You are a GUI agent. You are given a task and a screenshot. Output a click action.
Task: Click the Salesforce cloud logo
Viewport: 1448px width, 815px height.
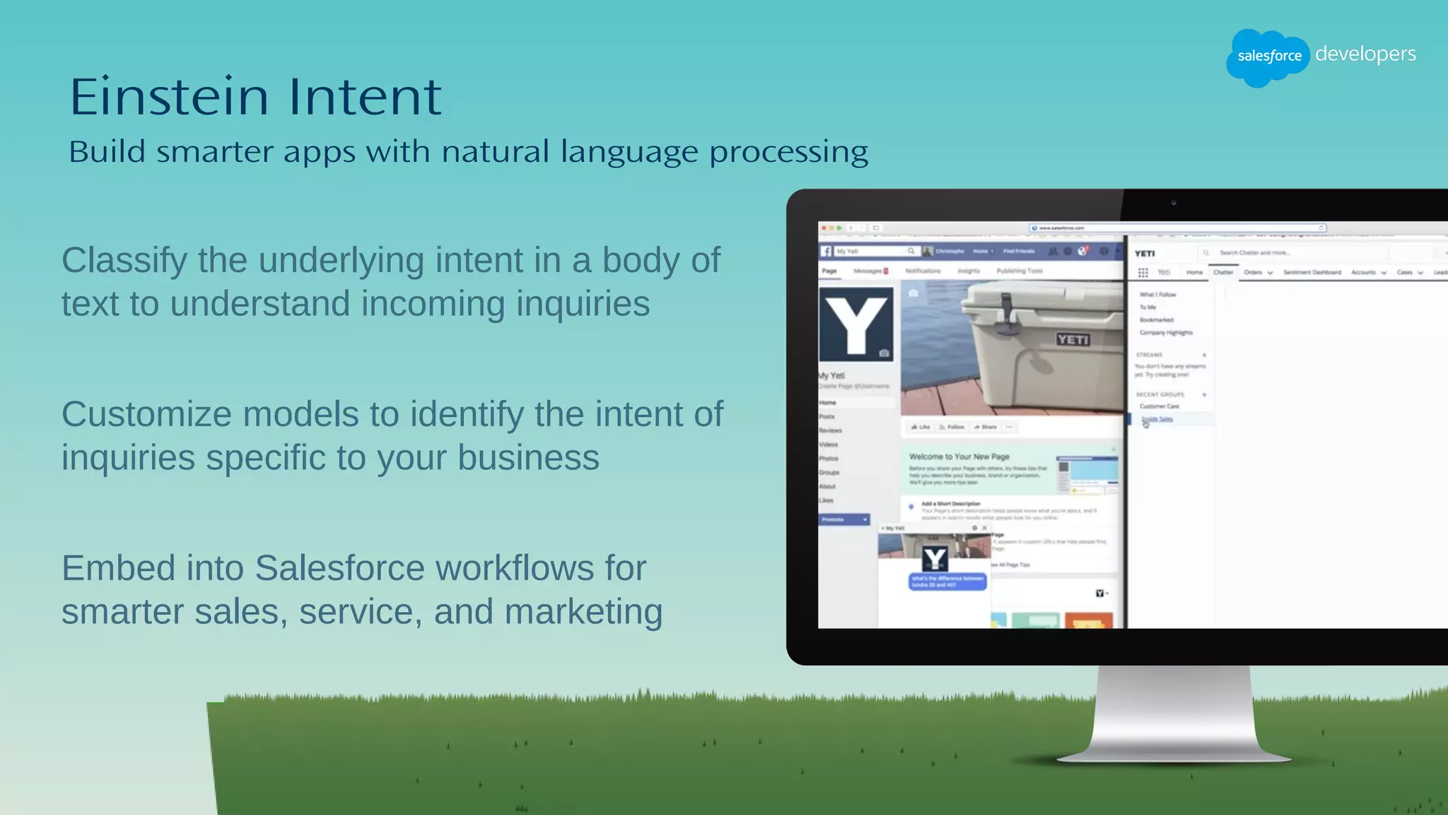coord(1268,57)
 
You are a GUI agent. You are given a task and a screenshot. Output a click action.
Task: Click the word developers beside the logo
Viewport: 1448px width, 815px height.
coord(1365,54)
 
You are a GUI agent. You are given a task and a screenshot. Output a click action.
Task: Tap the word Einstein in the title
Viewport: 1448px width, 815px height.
coord(168,97)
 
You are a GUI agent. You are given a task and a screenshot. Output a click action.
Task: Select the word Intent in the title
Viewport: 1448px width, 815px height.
coord(365,97)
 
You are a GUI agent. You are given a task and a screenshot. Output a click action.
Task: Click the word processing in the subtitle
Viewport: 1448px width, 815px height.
coord(788,152)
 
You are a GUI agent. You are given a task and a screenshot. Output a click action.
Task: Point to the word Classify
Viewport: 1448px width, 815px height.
coord(124,261)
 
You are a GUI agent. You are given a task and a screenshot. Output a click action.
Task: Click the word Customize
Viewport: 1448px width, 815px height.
coord(146,414)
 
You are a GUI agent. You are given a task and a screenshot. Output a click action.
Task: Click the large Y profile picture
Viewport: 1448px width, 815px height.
coord(856,324)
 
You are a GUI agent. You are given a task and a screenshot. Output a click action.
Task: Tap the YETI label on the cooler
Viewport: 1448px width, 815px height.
coord(1073,339)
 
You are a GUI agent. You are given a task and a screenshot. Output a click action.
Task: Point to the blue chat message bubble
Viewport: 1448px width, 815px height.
coord(947,582)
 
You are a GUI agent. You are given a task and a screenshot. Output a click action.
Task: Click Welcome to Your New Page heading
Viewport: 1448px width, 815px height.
coord(959,457)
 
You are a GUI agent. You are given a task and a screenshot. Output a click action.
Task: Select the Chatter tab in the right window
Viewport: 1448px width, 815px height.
coord(1223,272)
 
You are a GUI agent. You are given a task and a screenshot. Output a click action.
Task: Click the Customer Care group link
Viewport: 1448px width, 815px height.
coord(1159,406)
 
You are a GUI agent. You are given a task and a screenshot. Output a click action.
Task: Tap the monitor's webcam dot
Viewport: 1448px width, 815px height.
coord(1174,203)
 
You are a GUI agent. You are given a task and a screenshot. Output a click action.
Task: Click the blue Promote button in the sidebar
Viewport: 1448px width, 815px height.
coord(843,520)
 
